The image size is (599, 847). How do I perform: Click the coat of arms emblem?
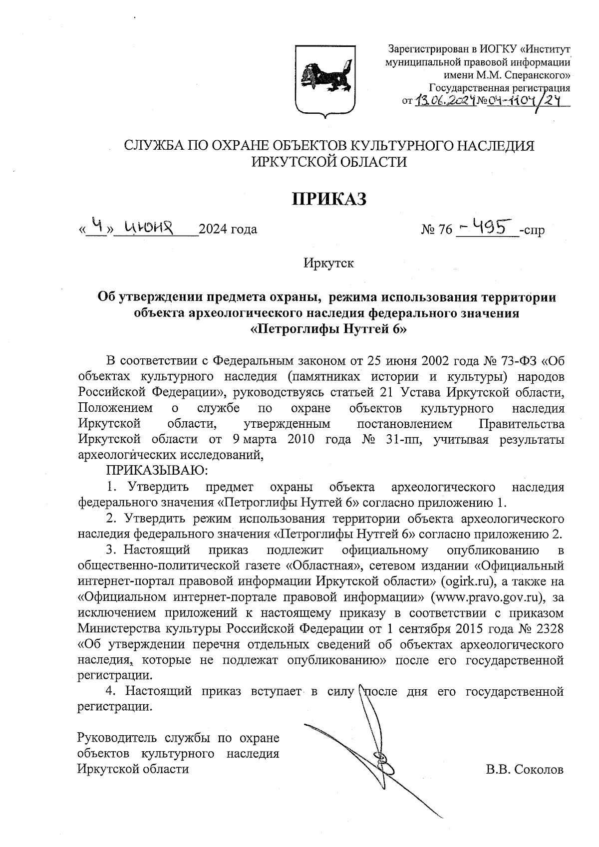(325, 81)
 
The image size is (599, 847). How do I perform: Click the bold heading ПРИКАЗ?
(329, 199)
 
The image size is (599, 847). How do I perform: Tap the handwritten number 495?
(487, 228)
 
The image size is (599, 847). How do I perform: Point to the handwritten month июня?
(148, 228)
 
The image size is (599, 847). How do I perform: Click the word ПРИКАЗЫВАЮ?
(154, 470)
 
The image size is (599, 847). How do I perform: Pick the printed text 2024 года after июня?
(228, 230)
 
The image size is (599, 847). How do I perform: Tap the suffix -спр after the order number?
(532, 230)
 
